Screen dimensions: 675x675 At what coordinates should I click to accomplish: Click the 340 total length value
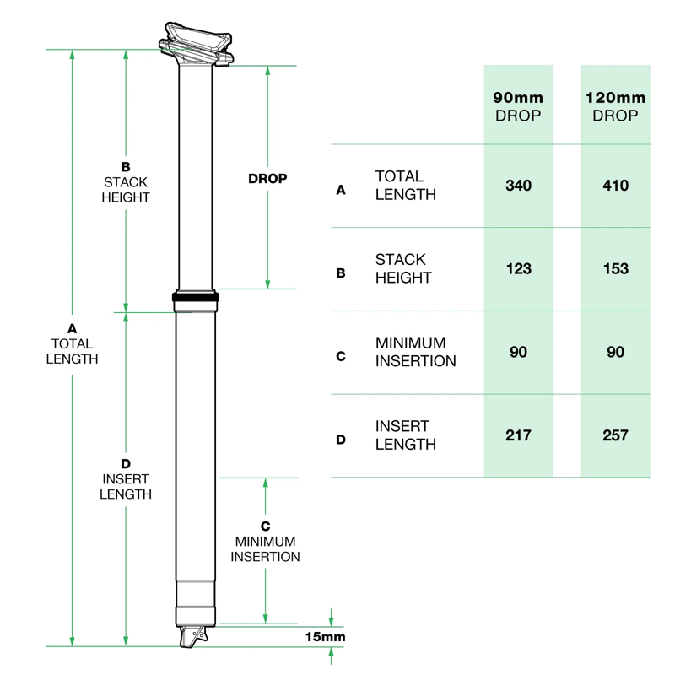(x=518, y=185)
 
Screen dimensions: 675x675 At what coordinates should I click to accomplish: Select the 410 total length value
(x=616, y=185)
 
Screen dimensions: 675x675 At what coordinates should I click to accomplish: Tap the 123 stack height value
(x=518, y=268)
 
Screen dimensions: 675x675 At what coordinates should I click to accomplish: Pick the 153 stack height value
(x=616, y=268)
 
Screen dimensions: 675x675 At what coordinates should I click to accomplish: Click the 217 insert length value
(x=518, y=435)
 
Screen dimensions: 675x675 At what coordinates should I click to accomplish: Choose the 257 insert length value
(x=616, y=435)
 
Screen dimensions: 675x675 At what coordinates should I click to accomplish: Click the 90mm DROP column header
(x=518, y=106)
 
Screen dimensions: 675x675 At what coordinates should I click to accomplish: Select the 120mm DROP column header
(x=616, y=106)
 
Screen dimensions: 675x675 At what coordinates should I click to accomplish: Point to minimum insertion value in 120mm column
(x=616, y=352)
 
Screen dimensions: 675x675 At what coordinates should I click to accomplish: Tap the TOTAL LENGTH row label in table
(x=405, y=186)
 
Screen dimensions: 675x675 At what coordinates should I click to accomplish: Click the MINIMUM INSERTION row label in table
(x=415, y=353)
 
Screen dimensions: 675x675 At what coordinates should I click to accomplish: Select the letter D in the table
(x=341, y=440)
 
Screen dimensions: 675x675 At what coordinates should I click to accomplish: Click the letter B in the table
(x=341, y=273)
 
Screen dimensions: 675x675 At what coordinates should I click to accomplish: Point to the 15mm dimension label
(x=326, y=637)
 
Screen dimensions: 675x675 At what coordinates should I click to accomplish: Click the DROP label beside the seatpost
(x=267, y=179)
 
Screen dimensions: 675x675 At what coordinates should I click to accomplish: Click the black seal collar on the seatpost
(x=195, y=297)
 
